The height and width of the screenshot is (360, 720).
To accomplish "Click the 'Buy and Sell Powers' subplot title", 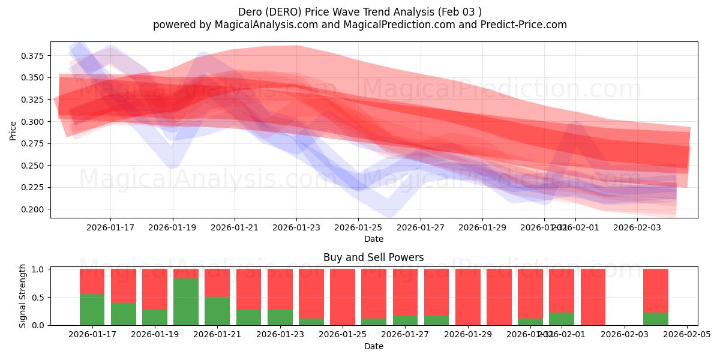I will click(373, 257).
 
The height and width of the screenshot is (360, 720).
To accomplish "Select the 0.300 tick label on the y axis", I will click(32, 122).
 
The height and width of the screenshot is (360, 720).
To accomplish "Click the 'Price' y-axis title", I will click(13, 130).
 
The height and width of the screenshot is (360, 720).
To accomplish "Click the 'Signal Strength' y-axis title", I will click(23, 296).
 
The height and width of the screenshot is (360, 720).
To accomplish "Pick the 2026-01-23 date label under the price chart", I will click(296, 227).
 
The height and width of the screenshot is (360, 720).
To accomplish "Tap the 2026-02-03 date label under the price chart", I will click(638, 227).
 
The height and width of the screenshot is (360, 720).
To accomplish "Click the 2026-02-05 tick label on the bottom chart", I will click(687, 335).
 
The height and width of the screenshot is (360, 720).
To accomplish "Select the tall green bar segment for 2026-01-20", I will click(186, 302).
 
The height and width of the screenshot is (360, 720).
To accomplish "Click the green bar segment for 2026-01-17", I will click(92, 310).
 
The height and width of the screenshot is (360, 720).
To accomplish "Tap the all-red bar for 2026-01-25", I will click(343, 297).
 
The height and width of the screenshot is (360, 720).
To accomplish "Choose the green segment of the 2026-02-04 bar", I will click(656, 319).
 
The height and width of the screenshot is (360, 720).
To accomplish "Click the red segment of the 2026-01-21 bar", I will click(217, 283).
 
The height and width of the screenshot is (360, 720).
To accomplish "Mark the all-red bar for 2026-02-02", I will click(593, 297).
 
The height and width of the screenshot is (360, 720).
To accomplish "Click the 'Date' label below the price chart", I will click(373, 239).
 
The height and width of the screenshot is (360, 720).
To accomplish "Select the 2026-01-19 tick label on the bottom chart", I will click(155, 335).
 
